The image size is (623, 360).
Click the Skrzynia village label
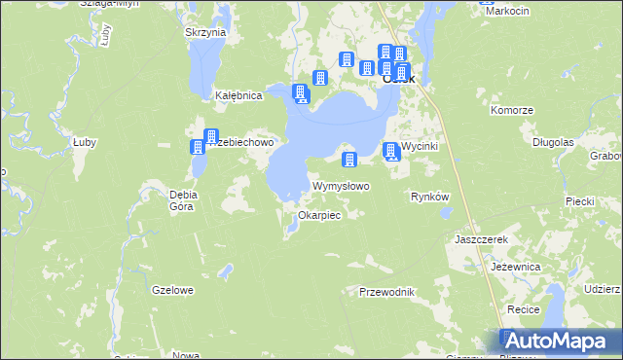click(204, 32)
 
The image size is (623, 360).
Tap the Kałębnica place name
click(238, 96)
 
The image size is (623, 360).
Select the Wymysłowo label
click(340, 186)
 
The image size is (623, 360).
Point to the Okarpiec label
click(319, 215)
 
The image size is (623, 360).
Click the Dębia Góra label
click(182, 200)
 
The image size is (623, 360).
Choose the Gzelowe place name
click(173, 290)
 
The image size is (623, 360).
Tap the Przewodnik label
click(387, 292)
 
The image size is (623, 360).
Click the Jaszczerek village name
click(482, 238)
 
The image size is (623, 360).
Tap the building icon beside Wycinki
click(391, 151)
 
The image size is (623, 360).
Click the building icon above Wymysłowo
click(349, 159)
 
